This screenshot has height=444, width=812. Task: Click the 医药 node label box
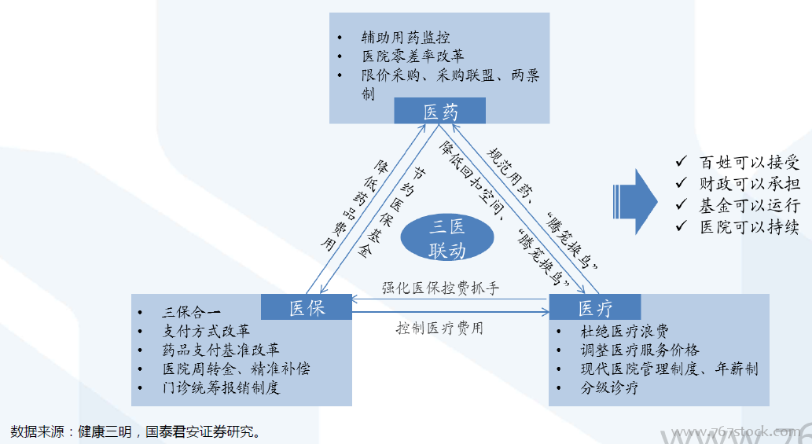[439, 112]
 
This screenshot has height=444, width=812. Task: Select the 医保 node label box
[307, 307]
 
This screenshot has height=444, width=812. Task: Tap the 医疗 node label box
[595, 307]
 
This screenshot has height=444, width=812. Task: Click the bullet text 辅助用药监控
[406, 38]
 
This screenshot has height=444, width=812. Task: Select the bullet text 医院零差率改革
[413, 57]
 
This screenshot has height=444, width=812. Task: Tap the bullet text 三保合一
[192, 311]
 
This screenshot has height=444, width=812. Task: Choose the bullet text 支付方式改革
[206, 330]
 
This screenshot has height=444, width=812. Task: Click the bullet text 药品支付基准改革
[221, 349]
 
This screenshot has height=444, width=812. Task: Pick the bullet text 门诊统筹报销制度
[221, 387]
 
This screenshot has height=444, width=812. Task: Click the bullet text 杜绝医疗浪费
[625, 331]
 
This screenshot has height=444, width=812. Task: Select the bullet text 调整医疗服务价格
[640, 350]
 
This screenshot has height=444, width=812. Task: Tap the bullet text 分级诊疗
[610, 388]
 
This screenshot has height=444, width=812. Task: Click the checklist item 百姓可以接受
[749, 163]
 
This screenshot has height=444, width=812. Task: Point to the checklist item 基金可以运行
[749, 206]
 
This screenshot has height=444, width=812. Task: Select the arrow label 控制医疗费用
[439, 328]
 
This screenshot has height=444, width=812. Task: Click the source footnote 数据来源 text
[134, 431]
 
